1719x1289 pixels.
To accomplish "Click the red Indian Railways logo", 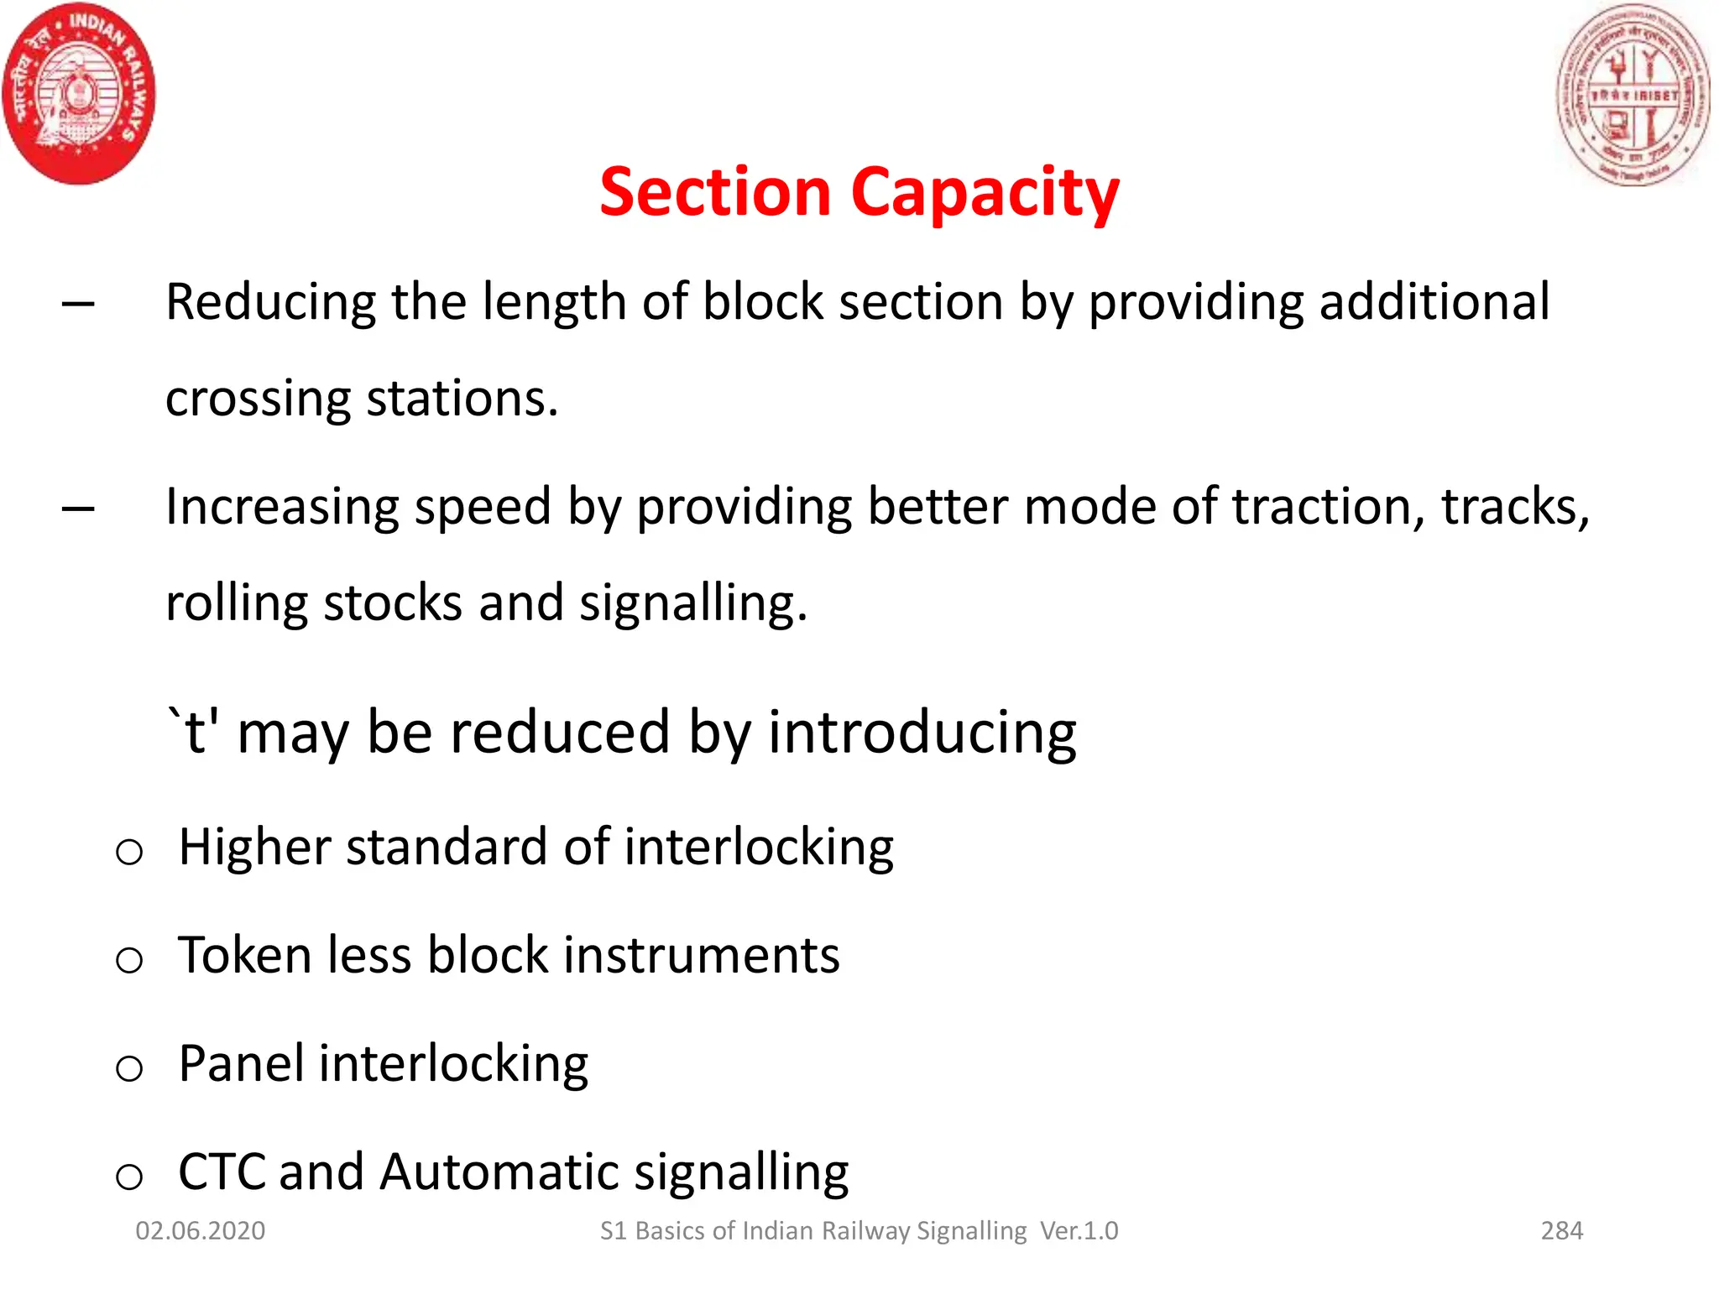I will click(x=79, y=93).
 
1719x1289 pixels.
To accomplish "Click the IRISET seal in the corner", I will click(x=1633, y=93).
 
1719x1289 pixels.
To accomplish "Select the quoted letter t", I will click(x=194, y=732).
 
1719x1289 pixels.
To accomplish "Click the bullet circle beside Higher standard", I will click(x=129, y=853).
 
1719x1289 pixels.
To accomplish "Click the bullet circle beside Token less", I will click(x=129, y=960).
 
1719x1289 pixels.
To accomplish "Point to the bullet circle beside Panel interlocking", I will click(x=129, y=1068).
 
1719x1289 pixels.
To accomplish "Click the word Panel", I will click(x=242, y=1063).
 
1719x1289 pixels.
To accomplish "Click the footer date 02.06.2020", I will click(x=201, y=1231).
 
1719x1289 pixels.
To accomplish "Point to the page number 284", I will click(x=1561, y=1231).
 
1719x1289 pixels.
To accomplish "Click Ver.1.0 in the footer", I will click(x=1079, y=1231).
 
